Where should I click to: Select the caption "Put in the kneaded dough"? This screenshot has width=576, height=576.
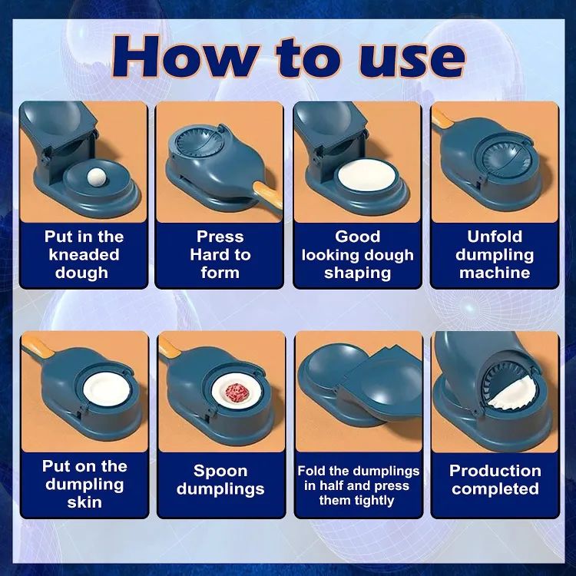(x=83, y=254)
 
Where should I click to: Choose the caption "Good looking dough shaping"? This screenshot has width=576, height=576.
(x=357, y=254)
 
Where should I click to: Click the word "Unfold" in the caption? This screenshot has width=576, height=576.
(x=495, y=236)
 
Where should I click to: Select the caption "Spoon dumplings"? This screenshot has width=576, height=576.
(x=220, y=480)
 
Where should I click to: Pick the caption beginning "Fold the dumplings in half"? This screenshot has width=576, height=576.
(x=358, y=485)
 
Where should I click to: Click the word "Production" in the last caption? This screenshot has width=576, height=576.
(x=495, y=471)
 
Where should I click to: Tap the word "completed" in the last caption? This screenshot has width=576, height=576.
(x=495, y=489)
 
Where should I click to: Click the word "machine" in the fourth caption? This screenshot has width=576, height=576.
(x=495, y=273)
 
